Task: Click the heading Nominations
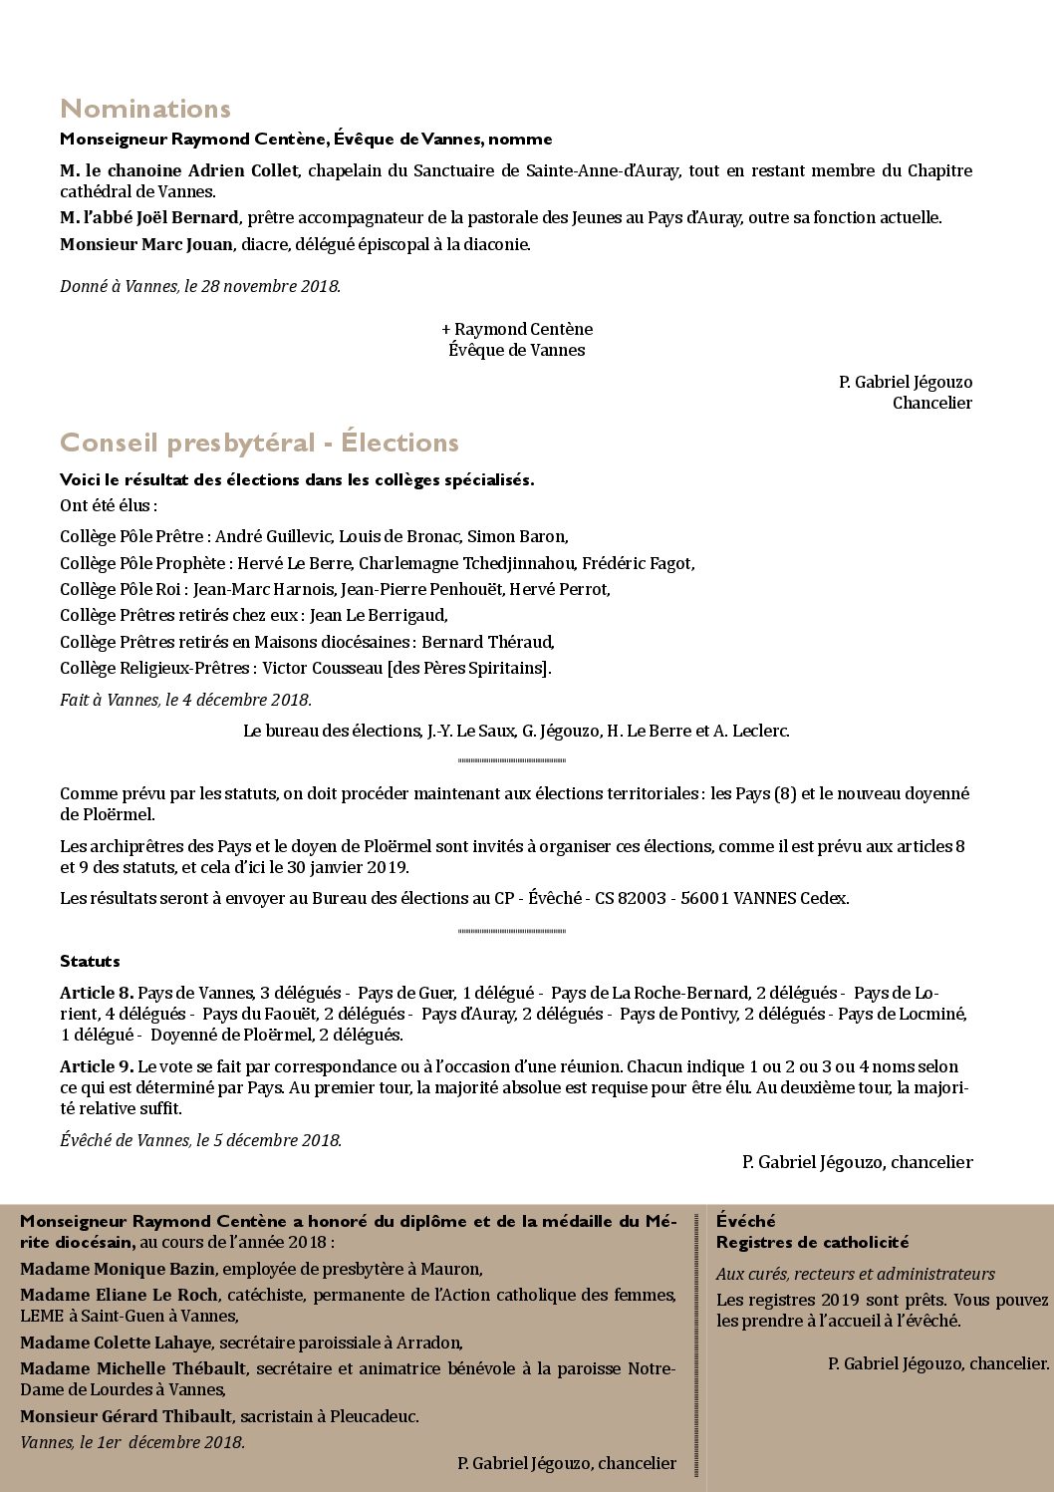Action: pyautogui.click(x=145, y=109)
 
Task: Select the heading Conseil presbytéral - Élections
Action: pyautogui.click(x=259, y=443)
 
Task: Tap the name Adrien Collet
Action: pyautogui.click(x=243, y=170)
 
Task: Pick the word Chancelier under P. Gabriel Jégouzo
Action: pyautogui.click(x=931, y=403)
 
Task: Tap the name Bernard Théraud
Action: pyautogui.click(x=487, y=642)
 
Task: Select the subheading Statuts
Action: pyautogui.click(x=90, y=962)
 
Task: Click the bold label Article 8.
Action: pyautogui.click(x=97, y=993)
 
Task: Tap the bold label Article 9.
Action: pyautogui.click(x=97, y=1066)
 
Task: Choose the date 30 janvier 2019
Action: pyautogui.click(x=348, y=867)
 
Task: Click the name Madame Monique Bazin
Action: pyautogui.click(x=118, y=1269)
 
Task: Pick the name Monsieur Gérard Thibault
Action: pyautogui.click(x=126, y=1416)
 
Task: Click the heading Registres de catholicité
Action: pyautogui.click(x=812, y=1242)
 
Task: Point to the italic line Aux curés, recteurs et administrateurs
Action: pyautogui.click(x=855, y=1274)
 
